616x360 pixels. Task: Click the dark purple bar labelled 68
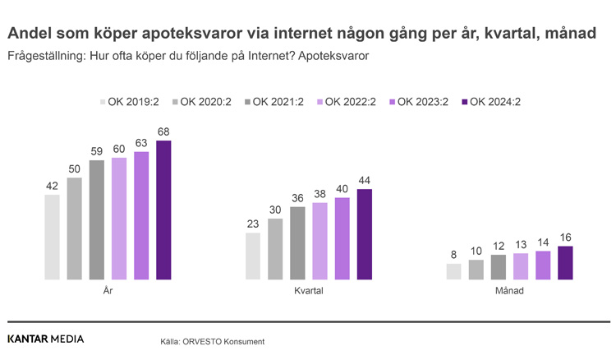tap(163, 210)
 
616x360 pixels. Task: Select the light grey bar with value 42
tap(52, 237)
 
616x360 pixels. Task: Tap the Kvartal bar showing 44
tap(365, 234)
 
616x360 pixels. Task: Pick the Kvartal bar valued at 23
tap(253, 256)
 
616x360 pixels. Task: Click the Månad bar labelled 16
tap(565, 263)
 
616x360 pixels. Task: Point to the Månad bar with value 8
tap(453, 271)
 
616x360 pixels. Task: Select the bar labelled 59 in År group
tap(97, 219)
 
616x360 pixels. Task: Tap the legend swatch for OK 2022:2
tap(319, 102)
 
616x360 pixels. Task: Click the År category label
tap(108, 291)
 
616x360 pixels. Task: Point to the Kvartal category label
tap(309, 291)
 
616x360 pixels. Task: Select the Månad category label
tap(509, 291)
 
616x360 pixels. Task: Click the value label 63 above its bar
tap(141, 142)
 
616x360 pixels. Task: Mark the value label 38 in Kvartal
tap(319, 194)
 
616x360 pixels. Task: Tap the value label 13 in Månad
tap(521, 244)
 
